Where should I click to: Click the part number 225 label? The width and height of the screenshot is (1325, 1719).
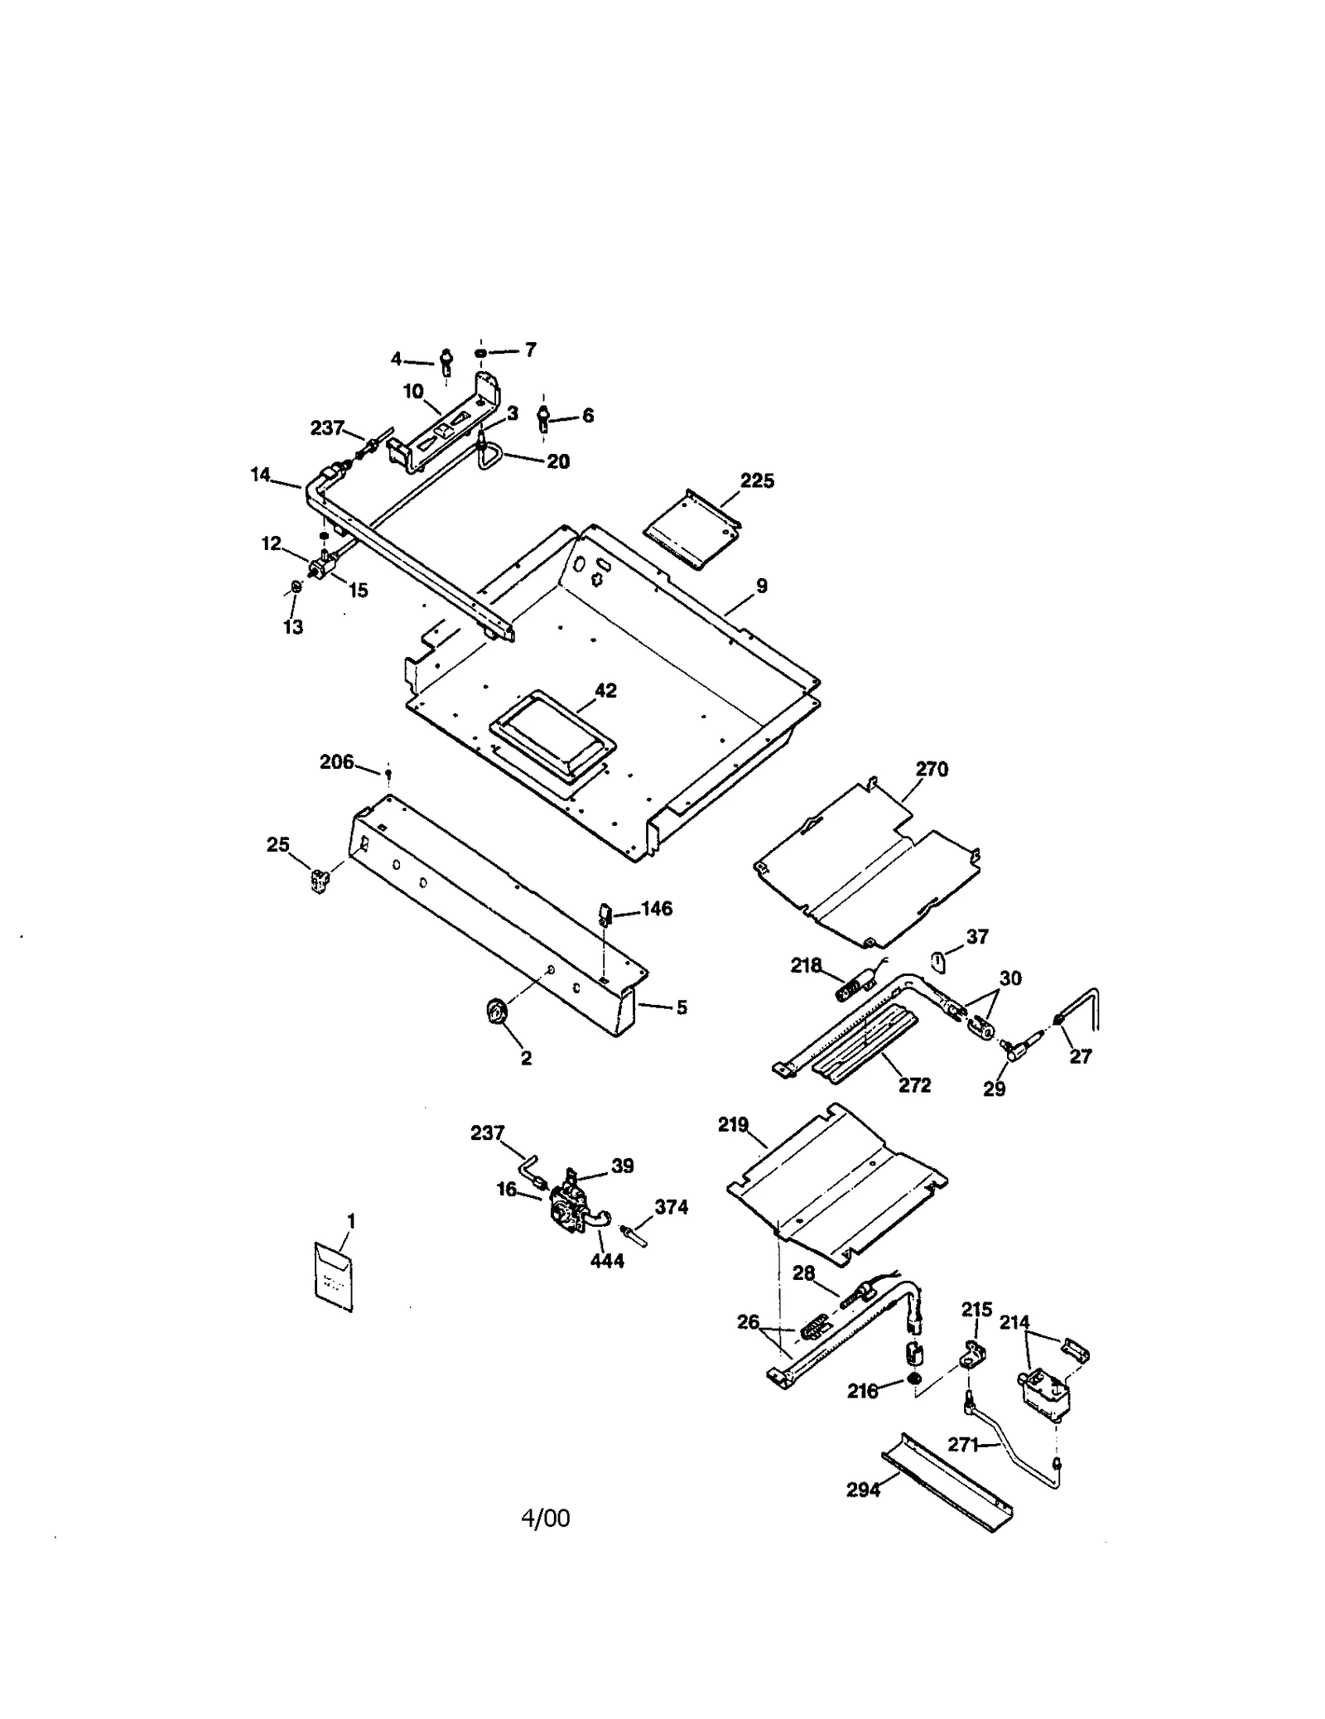pos(757,480)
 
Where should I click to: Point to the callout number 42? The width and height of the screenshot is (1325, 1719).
pos(605,690)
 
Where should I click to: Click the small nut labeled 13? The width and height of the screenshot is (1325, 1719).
pos(294,589)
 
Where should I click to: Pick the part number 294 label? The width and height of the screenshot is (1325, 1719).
pos(863,1490)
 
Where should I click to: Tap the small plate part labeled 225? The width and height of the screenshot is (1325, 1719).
pos(691,531)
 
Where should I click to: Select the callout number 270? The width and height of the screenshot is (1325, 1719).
pos(932,769)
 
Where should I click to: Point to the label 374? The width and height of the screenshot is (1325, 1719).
pos(671,1207)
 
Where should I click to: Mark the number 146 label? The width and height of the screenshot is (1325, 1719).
pos(656,909)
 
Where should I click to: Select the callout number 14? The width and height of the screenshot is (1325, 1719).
pos(261,475)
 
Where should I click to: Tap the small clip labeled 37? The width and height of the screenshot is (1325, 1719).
pos(939,961)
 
